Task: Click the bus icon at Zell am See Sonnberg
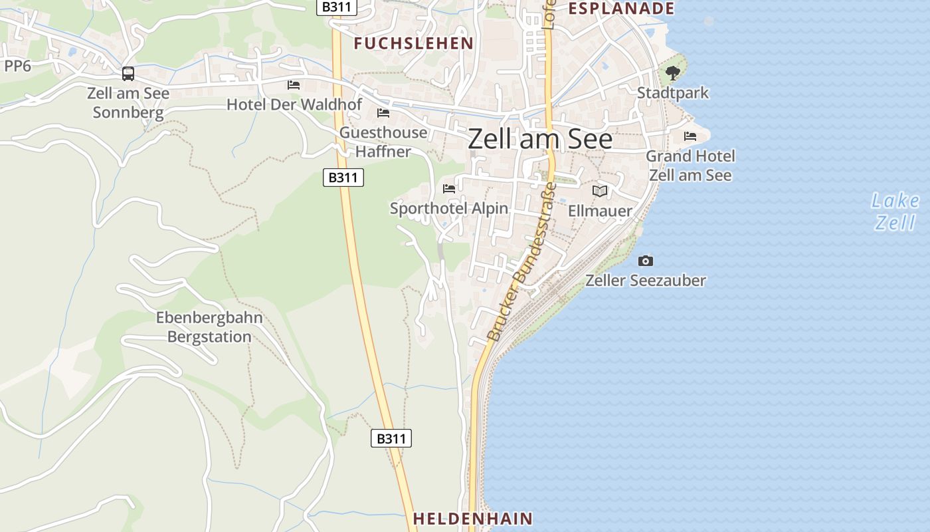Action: click(128, 74)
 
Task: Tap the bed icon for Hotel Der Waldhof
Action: click(294, 85)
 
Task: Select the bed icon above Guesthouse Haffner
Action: click(383, 113)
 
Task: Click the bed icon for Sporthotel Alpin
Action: click(449, 189)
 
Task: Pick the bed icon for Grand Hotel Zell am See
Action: click(690, 136)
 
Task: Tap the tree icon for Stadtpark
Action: click(673, 73)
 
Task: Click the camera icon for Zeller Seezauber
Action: click(645, 261)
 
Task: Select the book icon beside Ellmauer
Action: click(600, 192)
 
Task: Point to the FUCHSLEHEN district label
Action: click(413, 44)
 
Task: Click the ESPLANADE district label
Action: click(622, 9)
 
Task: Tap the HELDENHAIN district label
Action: click(473, 518)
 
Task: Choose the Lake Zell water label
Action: click(895, 211)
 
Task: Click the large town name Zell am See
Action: click(540, 139)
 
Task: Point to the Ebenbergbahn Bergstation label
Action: click(209, 327)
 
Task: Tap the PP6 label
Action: click(17, 66)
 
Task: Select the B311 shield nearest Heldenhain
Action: click(391, 438)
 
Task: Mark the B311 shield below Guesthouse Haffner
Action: click(343, 178)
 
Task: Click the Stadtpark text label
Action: click(673, 93)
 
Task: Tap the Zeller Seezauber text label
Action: click(645, 281)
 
